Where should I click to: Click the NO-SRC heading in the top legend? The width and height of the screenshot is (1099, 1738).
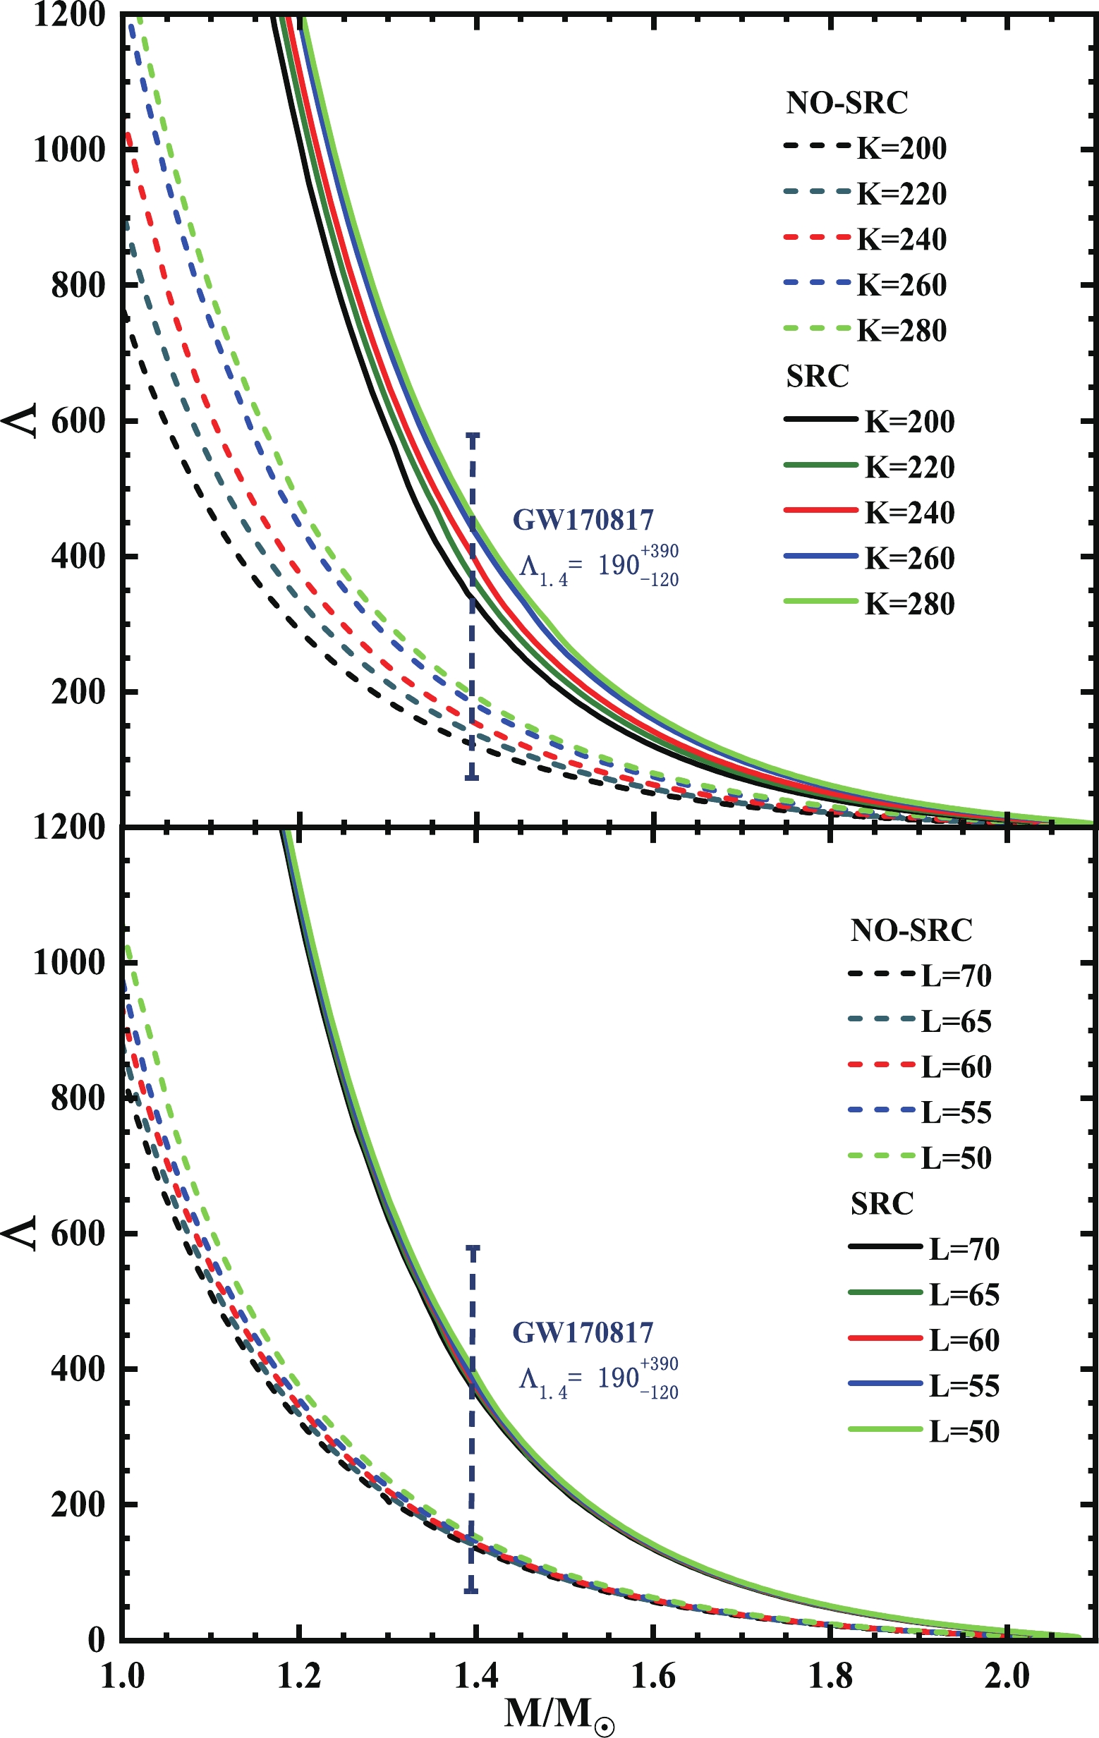point(846,103)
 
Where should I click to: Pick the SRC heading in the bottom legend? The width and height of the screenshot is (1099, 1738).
point(882,1203)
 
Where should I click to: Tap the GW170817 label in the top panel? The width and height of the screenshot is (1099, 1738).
point(583,519)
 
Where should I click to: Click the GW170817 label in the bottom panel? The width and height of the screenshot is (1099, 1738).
point(583,1332)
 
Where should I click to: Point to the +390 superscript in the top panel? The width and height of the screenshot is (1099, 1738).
point(659,552)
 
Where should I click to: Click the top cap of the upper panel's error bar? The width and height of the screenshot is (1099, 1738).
point(473,435)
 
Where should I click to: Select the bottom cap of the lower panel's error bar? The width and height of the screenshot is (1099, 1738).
point(472,1591)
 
